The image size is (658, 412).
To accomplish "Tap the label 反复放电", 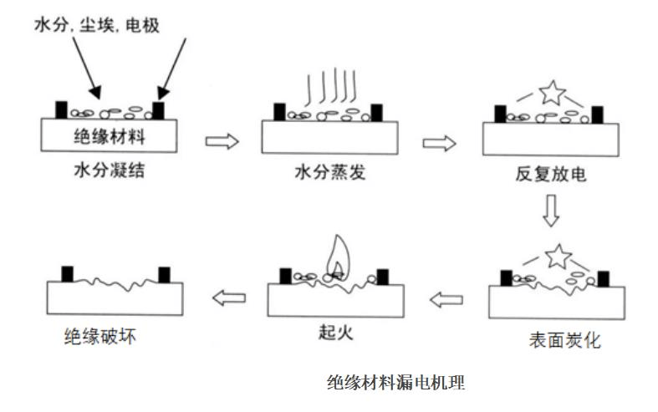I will click(x=551, y=175).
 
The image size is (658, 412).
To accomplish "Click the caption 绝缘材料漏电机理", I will click(x=395, y=383).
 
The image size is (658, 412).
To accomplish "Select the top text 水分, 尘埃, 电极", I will click(x=96, y=27).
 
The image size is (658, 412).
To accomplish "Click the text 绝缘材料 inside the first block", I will click(x=109, y=134).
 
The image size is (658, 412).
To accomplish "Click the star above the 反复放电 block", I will click(x=551, y=91).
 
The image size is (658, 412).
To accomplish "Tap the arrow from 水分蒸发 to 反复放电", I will click(x=439, y=143).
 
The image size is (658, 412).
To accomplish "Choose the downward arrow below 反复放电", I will click(x=550, y=211).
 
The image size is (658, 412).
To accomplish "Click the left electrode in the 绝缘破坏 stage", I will click(x=68, y=274).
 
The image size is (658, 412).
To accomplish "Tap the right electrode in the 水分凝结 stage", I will click(x=159, y=109).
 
